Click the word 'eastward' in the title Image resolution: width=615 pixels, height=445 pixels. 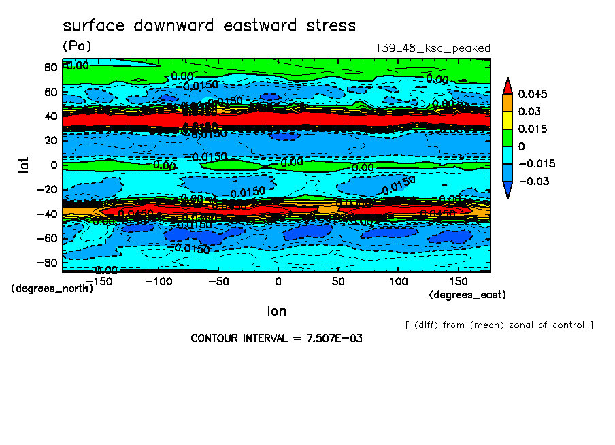coord(258,26)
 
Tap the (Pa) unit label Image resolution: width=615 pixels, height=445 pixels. coord(76,46)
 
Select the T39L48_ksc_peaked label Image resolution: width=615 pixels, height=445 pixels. coord(433,48)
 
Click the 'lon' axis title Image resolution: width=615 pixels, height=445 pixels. coord(276,311)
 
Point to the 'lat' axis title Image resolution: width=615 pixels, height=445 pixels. coord(24,165)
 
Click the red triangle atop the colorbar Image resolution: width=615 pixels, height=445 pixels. coord(508,85)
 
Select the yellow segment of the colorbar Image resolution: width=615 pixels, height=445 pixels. coord(508,120)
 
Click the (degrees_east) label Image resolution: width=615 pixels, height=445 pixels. coord(467,295)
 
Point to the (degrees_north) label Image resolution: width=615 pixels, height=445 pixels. coord(52,288)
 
